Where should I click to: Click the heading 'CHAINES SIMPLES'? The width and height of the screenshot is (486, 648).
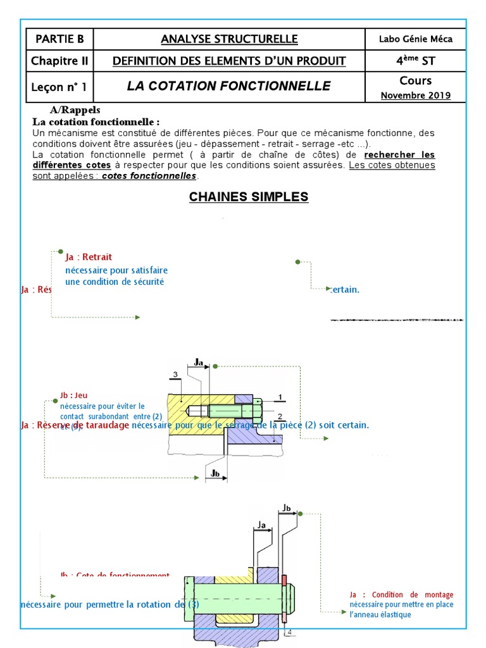click(248, 197)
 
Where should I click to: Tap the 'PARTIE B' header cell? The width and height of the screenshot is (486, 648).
click(59, 39)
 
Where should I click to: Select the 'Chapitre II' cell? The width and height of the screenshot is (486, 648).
click(59, 61)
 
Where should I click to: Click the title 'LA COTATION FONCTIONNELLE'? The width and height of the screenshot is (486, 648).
click(228, 85)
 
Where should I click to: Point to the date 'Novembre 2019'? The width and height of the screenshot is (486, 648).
click(415, 96)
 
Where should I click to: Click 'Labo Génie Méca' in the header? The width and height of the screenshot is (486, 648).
click(415, 39)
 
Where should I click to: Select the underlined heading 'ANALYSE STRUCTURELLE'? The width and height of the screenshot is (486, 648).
click(228, 39)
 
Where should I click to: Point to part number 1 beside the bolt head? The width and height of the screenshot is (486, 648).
click(279, 397)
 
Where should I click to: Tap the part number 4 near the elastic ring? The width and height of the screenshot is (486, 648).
click(289, 632)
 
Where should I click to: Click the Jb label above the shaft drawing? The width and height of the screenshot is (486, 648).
click(287, 508)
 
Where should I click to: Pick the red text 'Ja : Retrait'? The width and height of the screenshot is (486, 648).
click(89, 257)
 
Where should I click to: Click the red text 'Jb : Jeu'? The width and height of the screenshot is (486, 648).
click(73, 396)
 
